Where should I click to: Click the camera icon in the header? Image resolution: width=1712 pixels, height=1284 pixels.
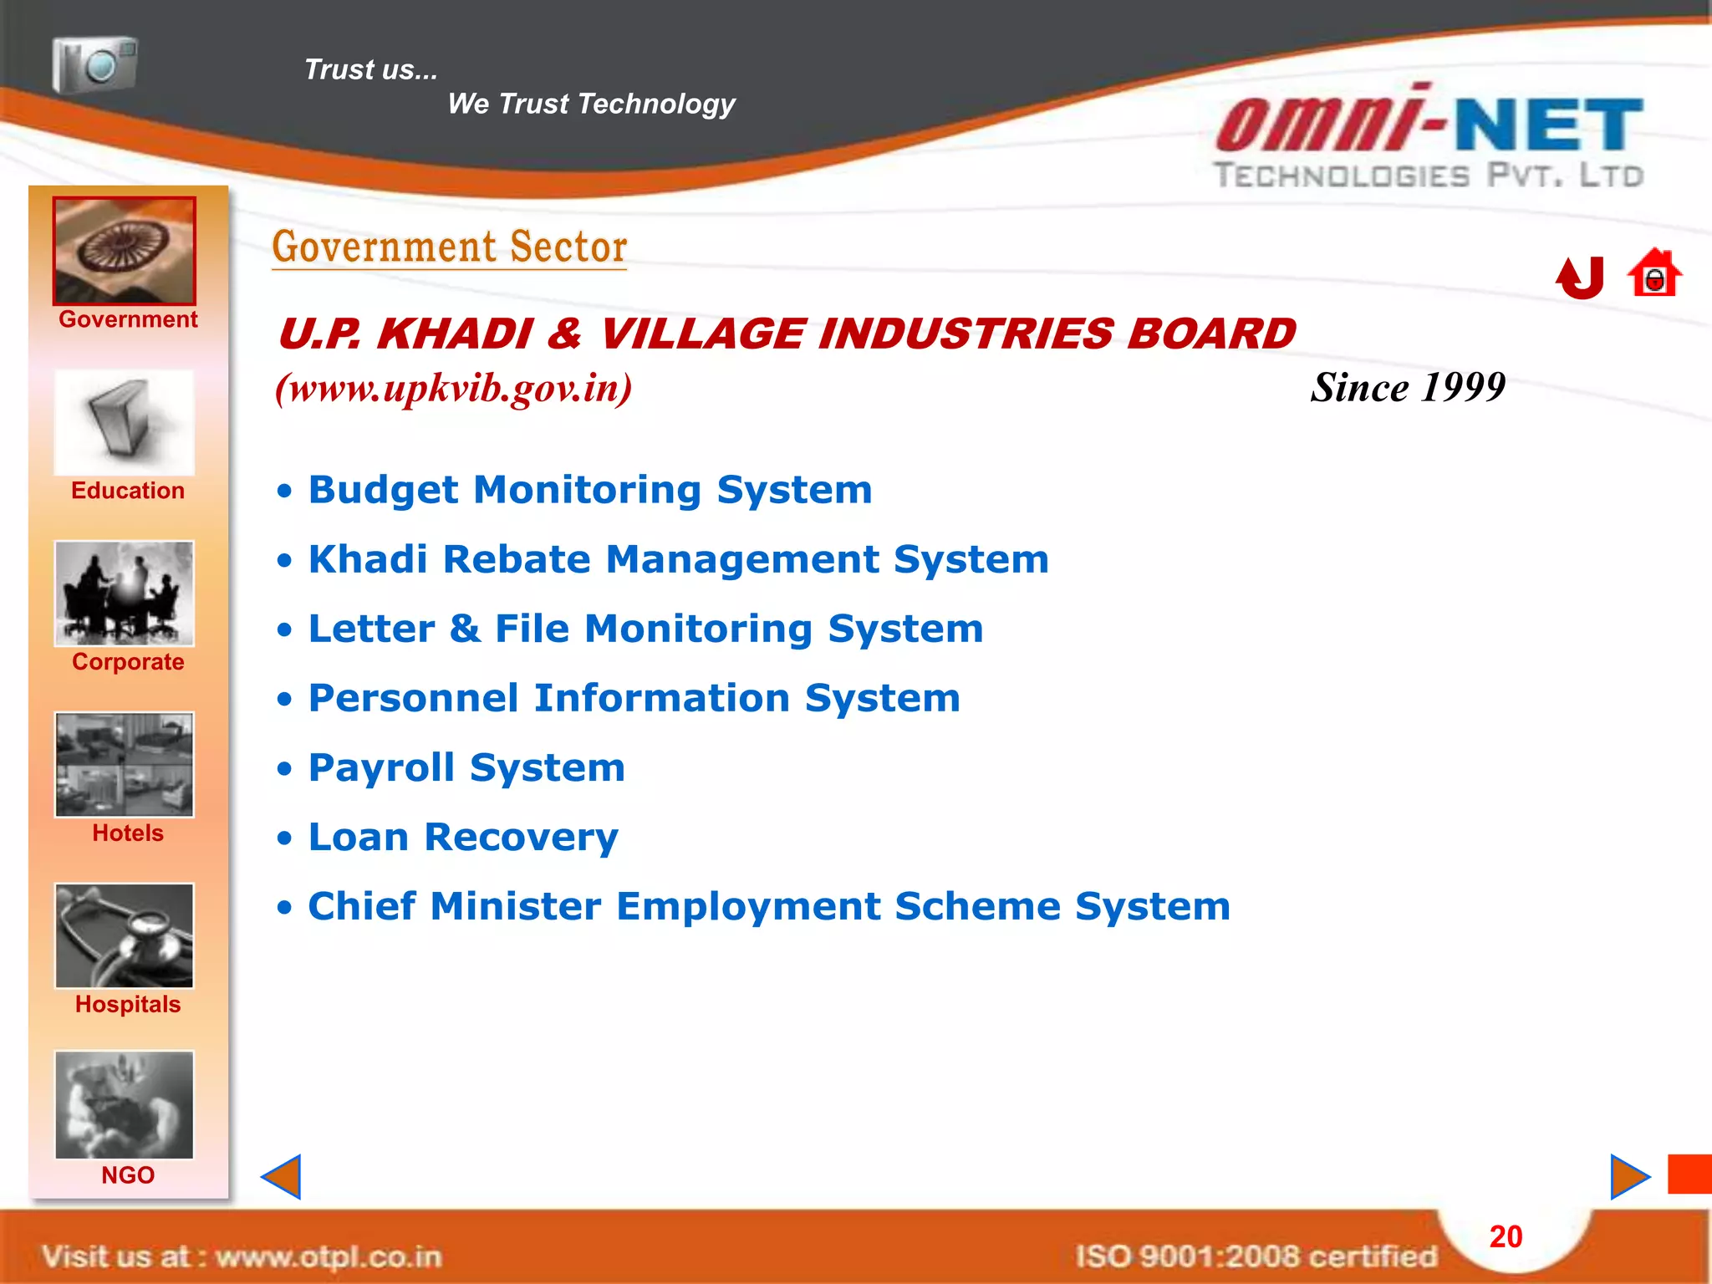tap(94, 65)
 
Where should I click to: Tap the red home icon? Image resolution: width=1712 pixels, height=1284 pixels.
tap(1653, 273)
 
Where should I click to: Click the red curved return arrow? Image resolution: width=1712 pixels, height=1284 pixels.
tap(1580, 278)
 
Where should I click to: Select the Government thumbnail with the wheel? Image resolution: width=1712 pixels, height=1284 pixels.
tap(125, 251)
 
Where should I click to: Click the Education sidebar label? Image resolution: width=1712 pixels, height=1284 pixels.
tap(128, 491)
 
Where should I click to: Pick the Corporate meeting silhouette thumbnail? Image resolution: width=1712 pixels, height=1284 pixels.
tap(125, 594)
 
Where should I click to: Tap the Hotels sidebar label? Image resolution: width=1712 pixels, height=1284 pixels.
tap(128, 833)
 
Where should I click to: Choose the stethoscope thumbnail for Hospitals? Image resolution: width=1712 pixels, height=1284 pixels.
tap(125, 936)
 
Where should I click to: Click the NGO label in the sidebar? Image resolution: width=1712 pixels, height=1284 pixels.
tap(128, 1175)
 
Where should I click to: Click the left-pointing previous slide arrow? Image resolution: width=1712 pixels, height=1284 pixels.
tap(283, 1177)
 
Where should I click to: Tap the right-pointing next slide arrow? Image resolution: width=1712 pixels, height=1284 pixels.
tap(1628, 1177)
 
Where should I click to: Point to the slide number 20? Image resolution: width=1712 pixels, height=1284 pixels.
tap(1506, 1237)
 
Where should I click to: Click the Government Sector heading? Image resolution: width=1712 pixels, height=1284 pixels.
tap(450, 247)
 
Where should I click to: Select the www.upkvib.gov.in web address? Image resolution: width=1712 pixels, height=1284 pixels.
tap(454, 388)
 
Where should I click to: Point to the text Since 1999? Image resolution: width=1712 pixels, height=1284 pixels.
tap(1408, 387)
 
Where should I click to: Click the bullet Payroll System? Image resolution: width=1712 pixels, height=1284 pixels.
tap(466, 767)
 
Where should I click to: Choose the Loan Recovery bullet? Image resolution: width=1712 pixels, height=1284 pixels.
tap(463, 837)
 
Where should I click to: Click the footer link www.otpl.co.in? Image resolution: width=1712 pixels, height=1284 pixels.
tap(329, 1256)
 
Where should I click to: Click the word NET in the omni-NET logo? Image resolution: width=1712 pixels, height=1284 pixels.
tap(1549, 125)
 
